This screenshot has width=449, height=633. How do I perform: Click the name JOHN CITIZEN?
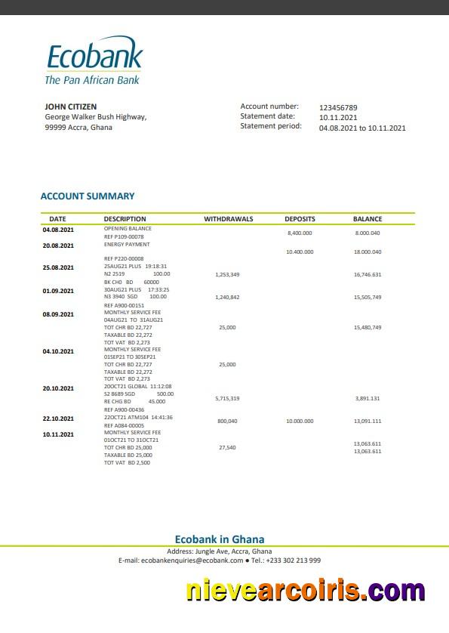coord(71,107)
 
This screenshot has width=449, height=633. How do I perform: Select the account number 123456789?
coord(338,108)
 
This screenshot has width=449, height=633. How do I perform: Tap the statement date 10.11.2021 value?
coord(338,118)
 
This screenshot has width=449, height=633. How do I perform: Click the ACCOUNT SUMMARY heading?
coord(88,196)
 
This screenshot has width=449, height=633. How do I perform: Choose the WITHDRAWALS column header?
coord(228,219)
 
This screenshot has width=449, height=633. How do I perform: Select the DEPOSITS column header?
coord(300,219)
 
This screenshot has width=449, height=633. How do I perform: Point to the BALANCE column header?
coord(368,219)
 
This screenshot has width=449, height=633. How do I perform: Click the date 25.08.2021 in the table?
coord(58,268)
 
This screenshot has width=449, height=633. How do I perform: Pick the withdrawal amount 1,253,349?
coord(227,275)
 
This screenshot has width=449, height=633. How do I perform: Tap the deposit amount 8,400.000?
coord(300,233)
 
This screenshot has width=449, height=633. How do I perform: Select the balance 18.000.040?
coord(368,252)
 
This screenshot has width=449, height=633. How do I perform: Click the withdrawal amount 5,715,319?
coord(227,398)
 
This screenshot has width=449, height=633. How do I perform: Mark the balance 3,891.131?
coord(368,398)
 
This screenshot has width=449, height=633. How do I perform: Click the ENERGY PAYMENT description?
coord(127,245)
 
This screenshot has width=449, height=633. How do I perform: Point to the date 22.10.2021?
coord(58,418)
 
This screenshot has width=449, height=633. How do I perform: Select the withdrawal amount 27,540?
coord(227,448)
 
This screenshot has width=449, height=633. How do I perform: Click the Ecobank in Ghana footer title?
coord(220,539)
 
